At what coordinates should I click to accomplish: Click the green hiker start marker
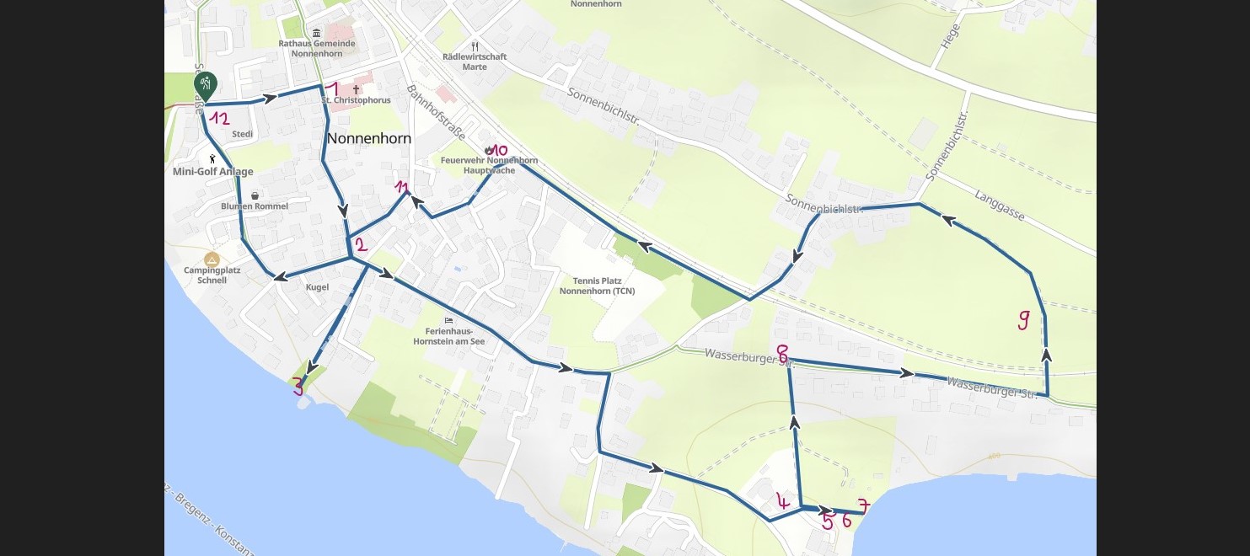tap(205, 83)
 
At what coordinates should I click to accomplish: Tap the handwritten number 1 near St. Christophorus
tap(332, 89)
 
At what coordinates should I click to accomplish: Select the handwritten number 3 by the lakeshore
tap(298, 387)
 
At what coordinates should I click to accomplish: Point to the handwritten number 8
tap(782, 353)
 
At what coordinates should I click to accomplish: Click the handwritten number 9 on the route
tap(1023, 320)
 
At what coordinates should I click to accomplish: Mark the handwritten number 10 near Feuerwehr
tap(499, 150)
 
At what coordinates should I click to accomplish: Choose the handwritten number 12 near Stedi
tap(220, 119)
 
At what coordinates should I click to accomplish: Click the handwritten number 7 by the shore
tap(863, 506)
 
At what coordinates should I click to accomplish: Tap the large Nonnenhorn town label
tap(368, 138)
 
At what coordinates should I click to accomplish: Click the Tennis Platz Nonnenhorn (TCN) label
tap(597, 286)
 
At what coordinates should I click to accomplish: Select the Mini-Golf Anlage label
tap(212, 172)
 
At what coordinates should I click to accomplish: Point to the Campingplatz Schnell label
tap(212, 275)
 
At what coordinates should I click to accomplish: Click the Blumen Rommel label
tap(255, 206)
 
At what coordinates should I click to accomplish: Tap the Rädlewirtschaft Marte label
tap(475, 61)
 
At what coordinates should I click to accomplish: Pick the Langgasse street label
tap(999, 205)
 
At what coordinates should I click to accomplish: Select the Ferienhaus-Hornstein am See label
tap(448, 336)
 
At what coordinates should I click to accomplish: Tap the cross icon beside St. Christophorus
tap(356, 89)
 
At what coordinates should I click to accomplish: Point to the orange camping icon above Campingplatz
tap(212, 259)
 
